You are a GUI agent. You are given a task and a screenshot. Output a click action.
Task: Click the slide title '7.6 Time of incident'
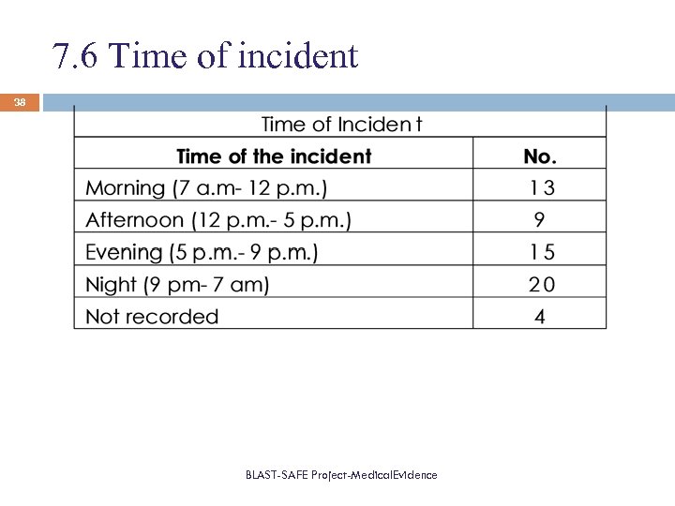[206, 56]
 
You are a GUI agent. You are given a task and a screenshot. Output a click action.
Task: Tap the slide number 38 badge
[20, 102]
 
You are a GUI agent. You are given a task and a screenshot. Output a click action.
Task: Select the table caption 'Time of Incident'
[341, 125]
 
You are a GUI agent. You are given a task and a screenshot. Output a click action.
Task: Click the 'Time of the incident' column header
[274, 156]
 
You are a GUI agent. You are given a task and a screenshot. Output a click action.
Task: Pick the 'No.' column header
[540, 156]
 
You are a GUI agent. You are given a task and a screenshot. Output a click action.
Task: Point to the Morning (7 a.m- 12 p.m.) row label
[206, 188]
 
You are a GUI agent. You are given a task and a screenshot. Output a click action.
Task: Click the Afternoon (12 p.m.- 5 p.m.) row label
[218, 220]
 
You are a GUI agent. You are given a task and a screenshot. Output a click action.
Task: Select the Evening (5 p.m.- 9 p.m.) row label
[202, 252]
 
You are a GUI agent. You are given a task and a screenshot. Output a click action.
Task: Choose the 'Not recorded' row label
[152, 317]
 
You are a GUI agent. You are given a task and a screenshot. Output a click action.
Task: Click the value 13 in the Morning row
[541, 188]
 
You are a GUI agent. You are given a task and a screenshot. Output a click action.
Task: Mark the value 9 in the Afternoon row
[540, 220]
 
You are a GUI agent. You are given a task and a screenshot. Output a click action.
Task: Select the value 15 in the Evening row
[541, 252]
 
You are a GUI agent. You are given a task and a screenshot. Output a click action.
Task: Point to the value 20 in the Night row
[541, 284]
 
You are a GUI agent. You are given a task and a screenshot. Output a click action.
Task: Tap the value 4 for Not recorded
[540, 317]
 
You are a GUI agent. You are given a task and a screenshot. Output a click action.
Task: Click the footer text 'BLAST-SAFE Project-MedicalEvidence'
[341, 475]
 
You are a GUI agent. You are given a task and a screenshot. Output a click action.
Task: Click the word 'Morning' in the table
[125, 188]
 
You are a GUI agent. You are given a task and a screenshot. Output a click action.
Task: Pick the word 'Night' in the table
[112, 284]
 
